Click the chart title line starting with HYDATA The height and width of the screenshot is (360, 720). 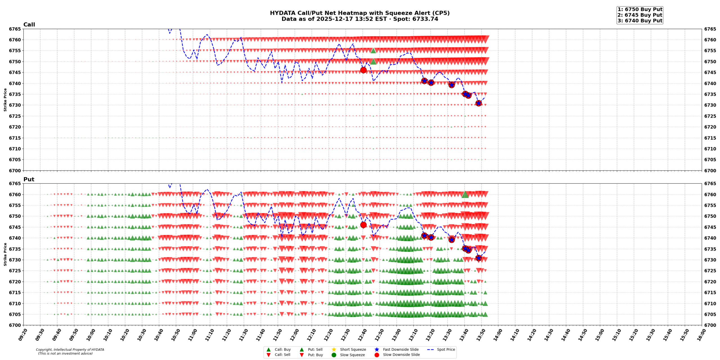click(x=359, y=13)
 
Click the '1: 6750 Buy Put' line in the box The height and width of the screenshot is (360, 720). click(x=640, y=10)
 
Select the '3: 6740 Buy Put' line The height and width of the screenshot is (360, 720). click(x=640, y=21)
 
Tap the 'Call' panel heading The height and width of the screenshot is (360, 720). click(x=29, y=25)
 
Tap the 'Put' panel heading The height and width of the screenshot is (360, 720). click(x=29, y=179)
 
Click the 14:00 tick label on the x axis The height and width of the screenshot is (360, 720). click(x=497, y=335)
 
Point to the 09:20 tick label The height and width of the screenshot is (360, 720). click(x=23, y=335)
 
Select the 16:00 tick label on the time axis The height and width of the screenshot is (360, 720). click(x=701, y=335)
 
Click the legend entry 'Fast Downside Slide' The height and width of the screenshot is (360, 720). click(x=400, y=350)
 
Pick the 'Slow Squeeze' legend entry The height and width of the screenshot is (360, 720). click(x=352, y=355)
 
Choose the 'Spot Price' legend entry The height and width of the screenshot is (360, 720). click(x=445, y=350)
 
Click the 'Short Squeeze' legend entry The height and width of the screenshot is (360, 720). click(x=353, y=350)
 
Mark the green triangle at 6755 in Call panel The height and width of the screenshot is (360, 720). click(x=373, y=51)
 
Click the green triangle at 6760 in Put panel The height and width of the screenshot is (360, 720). click(x=465, y=194)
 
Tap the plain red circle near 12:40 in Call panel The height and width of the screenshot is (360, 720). click(x=363, y=70)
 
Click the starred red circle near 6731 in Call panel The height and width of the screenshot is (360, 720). click(x=478, y=103)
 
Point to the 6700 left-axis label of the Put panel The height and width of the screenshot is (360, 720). click(x=15, y=325)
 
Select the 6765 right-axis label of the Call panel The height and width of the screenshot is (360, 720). click(x=710, y=29)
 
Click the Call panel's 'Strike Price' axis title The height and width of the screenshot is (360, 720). click(x=5, y=100)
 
